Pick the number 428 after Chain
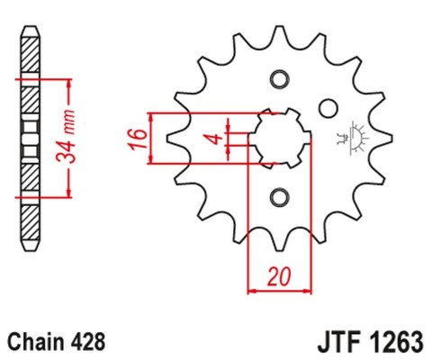click(88, 343)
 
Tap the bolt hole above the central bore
click(278, 79)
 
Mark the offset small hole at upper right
click(328, 109)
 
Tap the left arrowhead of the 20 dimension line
click(252, 291)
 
